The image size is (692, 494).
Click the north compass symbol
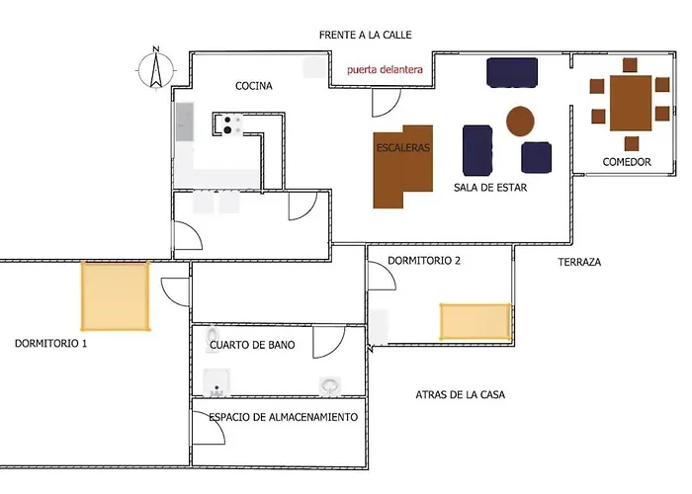pyautogui.click(x=155, y=69)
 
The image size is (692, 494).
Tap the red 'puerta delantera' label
pyautogui.click(x=385, y=70)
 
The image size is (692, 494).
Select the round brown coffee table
pyautogui.click(x=520, y=121)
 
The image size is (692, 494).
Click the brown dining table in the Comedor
pyautogui.click(x=631, y=103)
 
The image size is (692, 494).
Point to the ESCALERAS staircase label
pyautogui.click(x=403, y=148)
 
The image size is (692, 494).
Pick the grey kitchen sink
pyautogui.click(x=185, y=122)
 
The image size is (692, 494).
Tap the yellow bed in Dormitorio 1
pyautogui.click(x=116, y=296)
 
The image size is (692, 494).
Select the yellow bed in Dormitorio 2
pyautogui.click(x=476, y=321)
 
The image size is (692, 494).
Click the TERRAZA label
pyautogui.click(x=579, y=262)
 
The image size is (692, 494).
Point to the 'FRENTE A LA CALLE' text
pyautogui.click(x=366, y=35)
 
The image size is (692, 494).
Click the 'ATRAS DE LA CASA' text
pyautogui.click(x=461, y=395)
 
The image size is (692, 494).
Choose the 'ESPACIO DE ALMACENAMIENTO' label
pyautogui.click(x=284, y=417)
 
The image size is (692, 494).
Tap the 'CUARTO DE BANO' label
pyautogui.click(x=252, y=345)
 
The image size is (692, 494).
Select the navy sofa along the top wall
pyautogui.click(x=512, y=72)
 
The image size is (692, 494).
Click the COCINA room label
pyautogui.click(x=254, y=86)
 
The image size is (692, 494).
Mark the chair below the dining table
pyautogui.click(x=632, y=144)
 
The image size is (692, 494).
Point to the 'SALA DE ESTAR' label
pyautogui.click(x=490, y=188)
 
